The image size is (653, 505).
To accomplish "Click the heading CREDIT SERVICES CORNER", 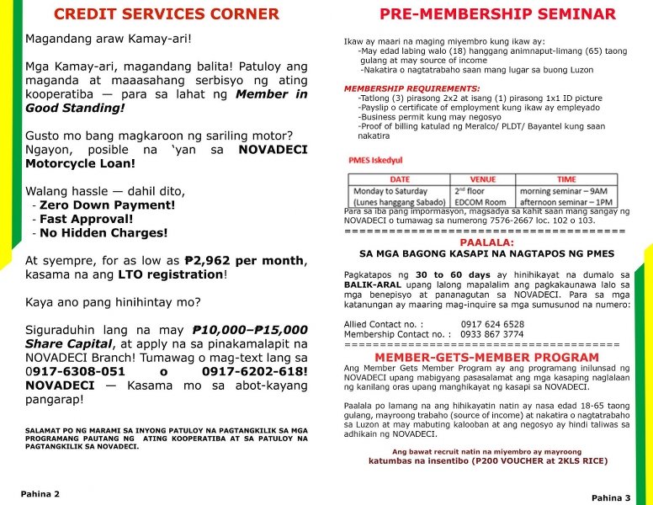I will [x=166, y=14].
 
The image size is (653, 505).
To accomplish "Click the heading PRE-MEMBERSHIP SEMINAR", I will [x=497, y=14].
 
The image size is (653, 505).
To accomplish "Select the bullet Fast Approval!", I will [x=87, y=219].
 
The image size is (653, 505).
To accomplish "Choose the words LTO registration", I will [x=171, y=274].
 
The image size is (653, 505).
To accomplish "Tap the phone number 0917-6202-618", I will [x=252, y=371].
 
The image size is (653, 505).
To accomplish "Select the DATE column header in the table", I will [x=400, y=179].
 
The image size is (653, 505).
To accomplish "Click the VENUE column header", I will [x=482, y=179].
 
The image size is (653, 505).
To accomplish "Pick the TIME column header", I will [x=566, y=179].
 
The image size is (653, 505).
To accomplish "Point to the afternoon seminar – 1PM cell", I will [x=567, y=203].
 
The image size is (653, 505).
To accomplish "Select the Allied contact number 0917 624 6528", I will [x=492, y=324].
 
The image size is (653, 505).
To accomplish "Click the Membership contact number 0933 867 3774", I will [x=491, y=334].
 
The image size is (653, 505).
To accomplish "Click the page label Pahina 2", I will [x=40, y=494].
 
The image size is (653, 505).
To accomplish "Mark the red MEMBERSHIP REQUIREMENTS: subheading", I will [x=411, y=88].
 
